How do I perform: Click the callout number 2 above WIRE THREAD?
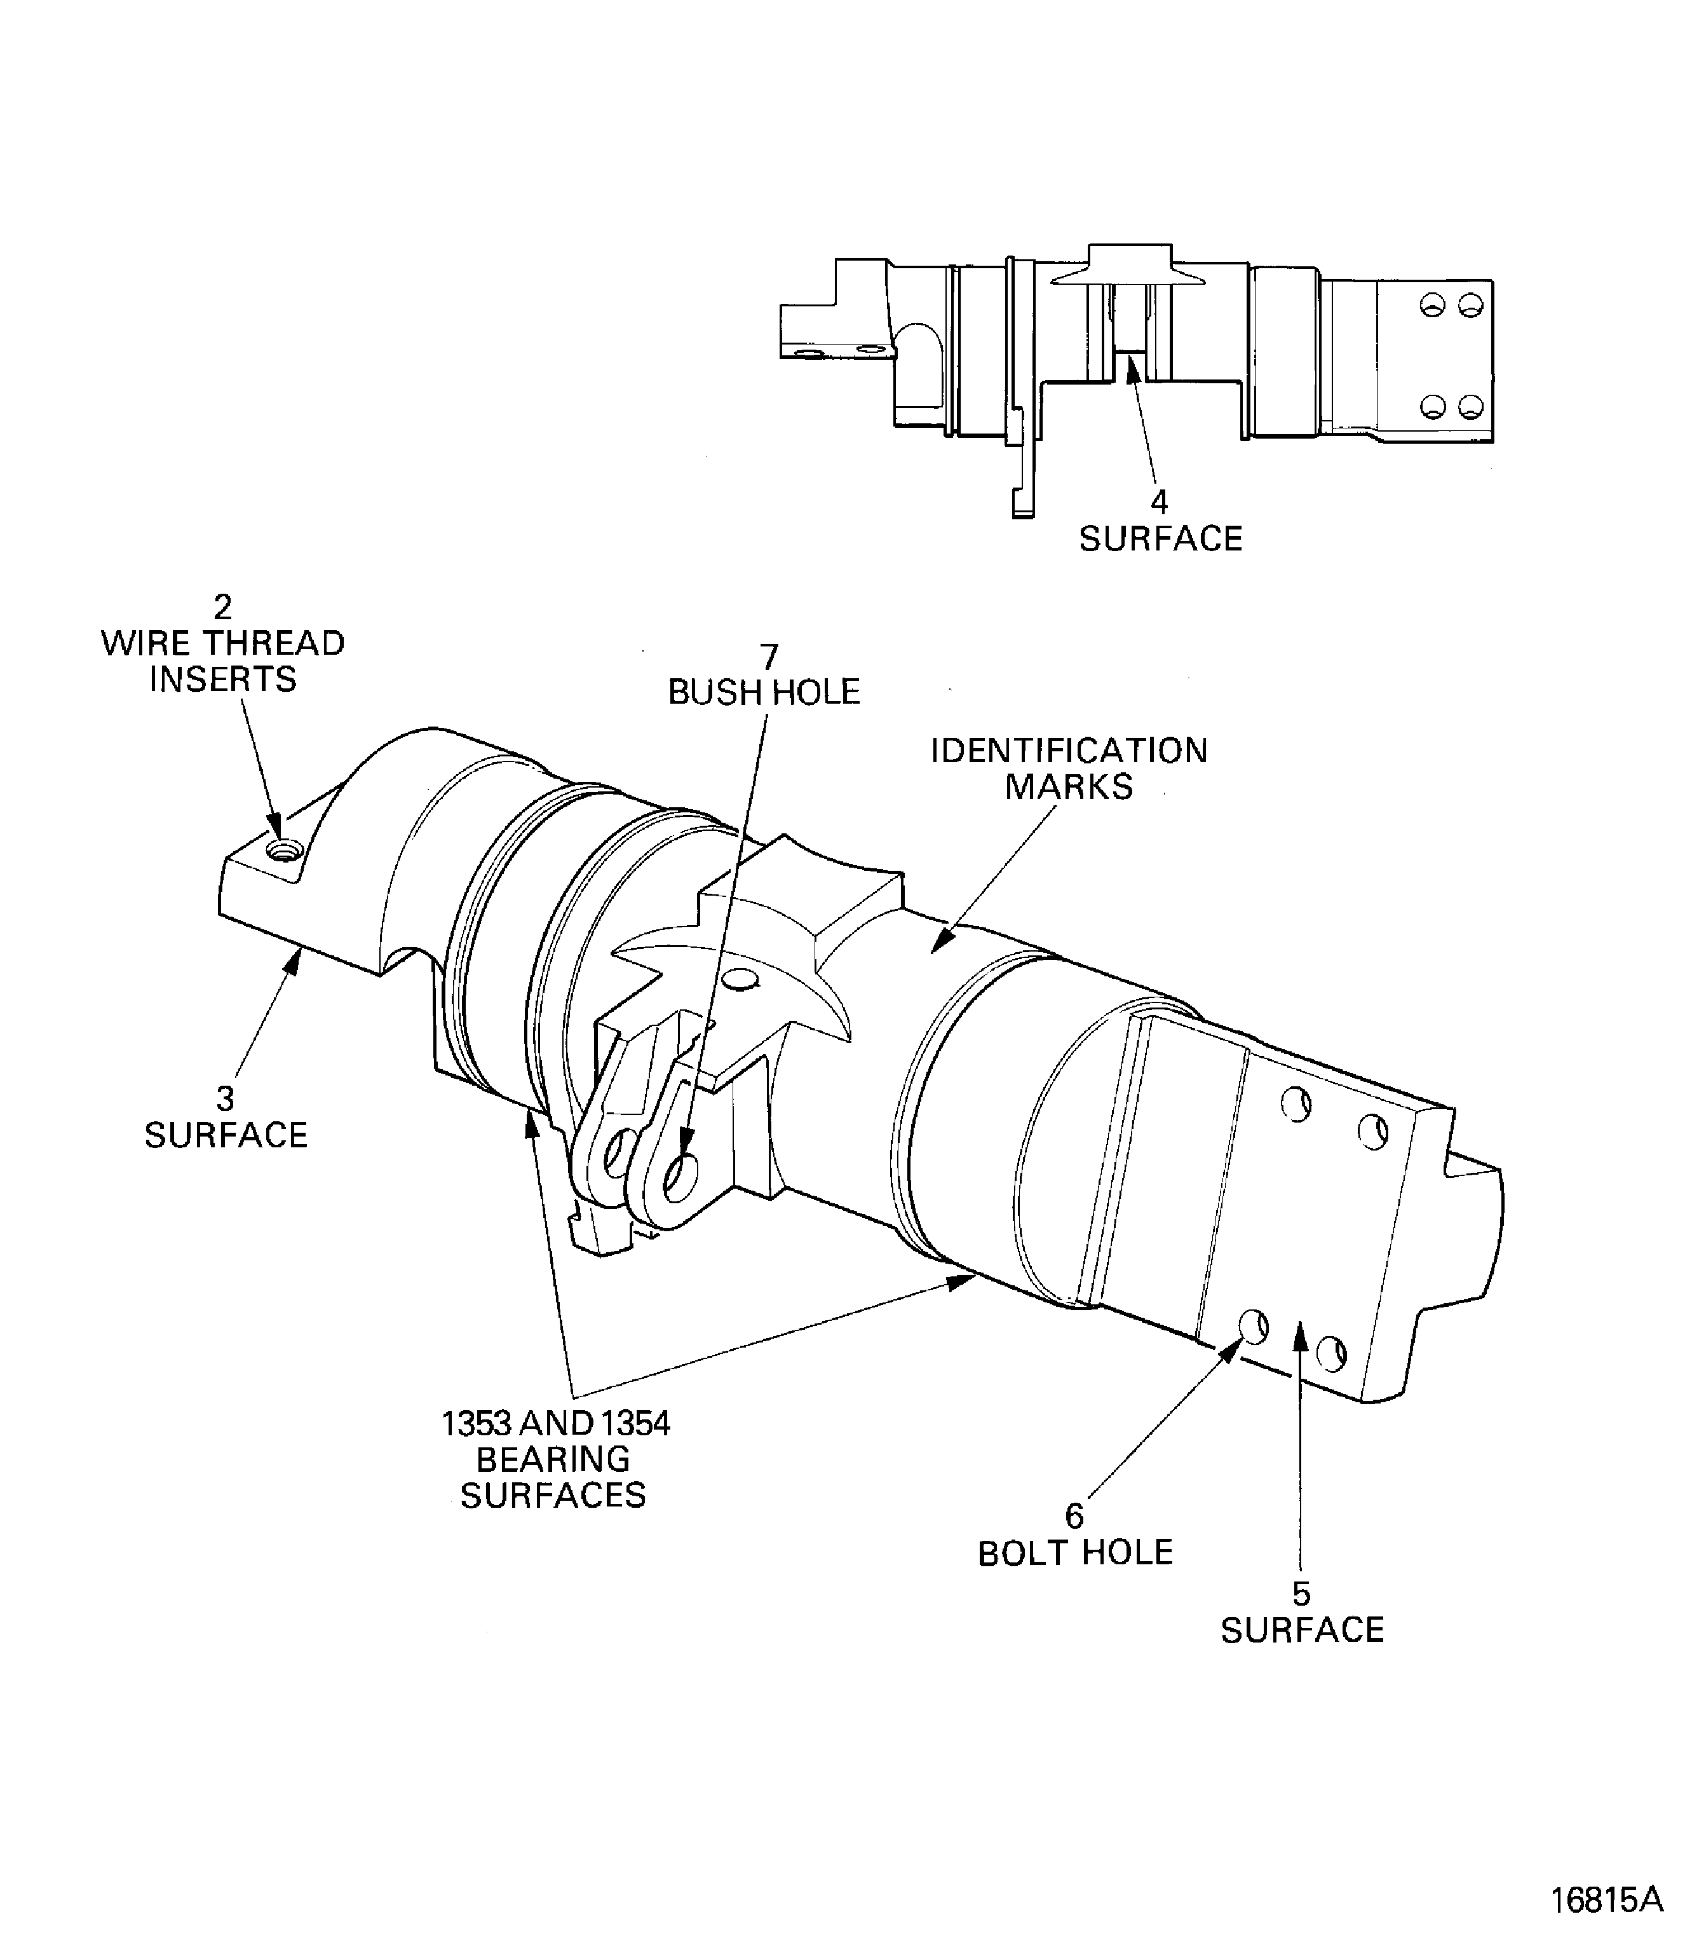[x=223, y=606]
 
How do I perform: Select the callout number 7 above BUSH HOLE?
[x=769, y=657]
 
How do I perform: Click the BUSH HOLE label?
[x=764, y=692]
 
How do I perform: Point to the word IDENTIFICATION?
[x=1069, y=751]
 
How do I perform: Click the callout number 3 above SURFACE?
[x=225, y=1098]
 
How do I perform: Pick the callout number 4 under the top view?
[x=1158, y=502]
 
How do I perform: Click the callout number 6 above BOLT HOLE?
[x=1074, y=1516]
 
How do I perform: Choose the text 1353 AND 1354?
[x=555, y=1424]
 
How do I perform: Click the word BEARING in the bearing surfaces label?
[x=553, y=1459]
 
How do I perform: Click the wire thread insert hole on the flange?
[x=280, y=851]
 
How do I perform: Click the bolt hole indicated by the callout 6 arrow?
[x=1254, y=1327]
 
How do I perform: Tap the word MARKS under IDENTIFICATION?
[x=1069, y=787]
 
